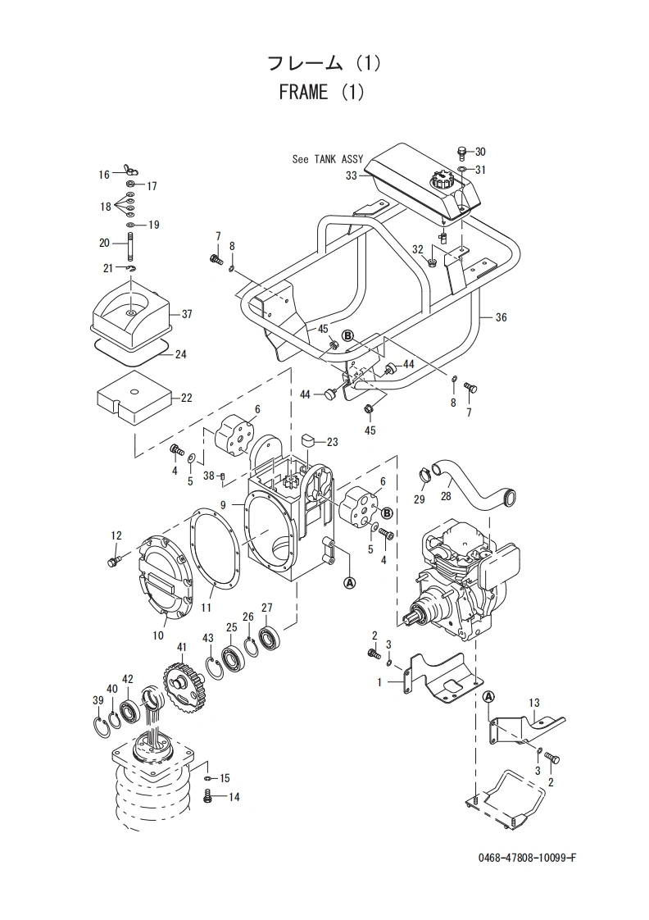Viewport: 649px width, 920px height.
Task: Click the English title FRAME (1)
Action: click(322, 92)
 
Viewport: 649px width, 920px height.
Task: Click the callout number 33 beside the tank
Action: click(352, 175)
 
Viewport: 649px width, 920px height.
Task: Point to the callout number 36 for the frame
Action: click(501, 317)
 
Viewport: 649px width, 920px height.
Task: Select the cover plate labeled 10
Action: click(166, 573)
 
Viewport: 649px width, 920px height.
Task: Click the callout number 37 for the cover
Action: click(187, 315)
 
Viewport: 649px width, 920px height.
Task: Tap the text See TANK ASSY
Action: click(328, 159)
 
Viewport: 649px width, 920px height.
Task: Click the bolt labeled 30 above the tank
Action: click(462, 153)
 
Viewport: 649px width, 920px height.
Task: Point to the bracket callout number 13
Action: click(534, 703)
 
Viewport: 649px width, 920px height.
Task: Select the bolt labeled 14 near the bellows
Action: click(207, 796)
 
